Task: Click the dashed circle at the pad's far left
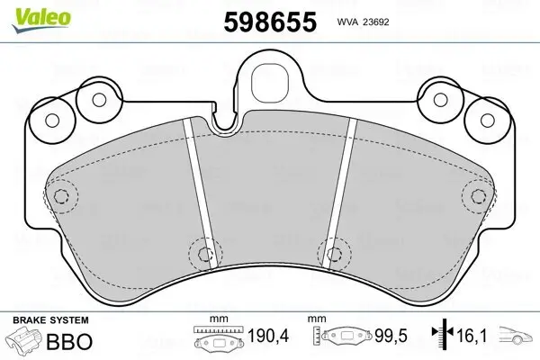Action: [62, 196]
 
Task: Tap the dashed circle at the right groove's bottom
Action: [337, 253]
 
